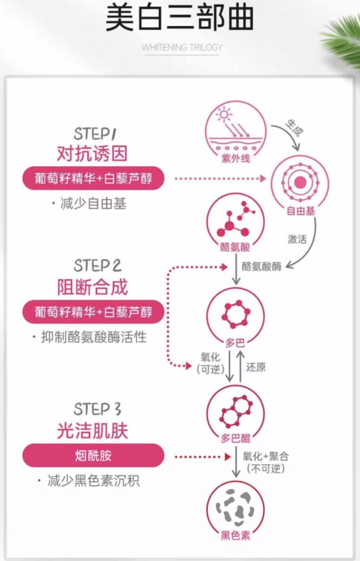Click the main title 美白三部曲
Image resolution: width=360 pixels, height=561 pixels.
tap(179, 18)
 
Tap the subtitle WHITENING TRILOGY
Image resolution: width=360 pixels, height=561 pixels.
tap(182, 47)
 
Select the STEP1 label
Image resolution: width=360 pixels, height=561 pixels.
tap(95, 133)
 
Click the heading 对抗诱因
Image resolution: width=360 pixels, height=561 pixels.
tap(93, 154)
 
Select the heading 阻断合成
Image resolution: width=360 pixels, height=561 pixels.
tap(93, 287)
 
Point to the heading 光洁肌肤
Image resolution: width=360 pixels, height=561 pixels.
tap(93, 432)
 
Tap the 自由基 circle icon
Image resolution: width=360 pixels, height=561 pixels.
tap(301, 183)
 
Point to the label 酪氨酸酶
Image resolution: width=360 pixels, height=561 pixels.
tap(262, 267)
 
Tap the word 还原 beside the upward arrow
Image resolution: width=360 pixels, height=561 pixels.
tap(256, 367)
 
